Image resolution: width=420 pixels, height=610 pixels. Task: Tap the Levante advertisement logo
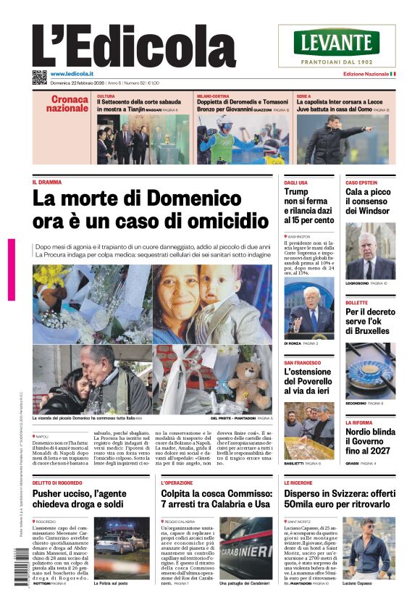click(337, 42)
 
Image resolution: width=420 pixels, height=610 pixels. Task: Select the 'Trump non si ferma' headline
click(309, 206)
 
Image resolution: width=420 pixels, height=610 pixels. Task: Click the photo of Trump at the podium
click(309, 309)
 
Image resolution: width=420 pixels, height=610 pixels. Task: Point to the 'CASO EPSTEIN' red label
click(361, 183)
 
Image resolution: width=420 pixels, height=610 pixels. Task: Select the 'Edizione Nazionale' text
click(365, 75)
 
